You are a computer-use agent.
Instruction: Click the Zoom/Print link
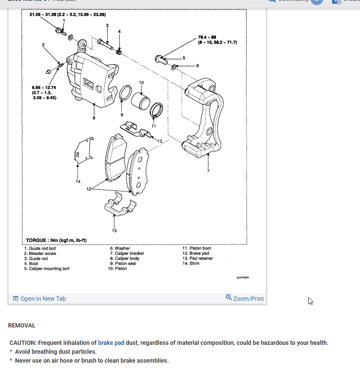245,298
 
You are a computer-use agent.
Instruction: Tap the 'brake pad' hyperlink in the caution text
111,343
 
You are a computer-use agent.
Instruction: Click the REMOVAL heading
22,325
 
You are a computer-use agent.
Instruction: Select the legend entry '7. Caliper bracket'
127,253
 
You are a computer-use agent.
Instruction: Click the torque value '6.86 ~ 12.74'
44,88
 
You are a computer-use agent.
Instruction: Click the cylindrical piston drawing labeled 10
140,103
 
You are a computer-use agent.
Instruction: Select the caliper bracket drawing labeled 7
203,119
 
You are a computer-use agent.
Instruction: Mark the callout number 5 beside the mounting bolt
184,58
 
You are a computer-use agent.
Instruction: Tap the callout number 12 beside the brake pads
88,189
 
